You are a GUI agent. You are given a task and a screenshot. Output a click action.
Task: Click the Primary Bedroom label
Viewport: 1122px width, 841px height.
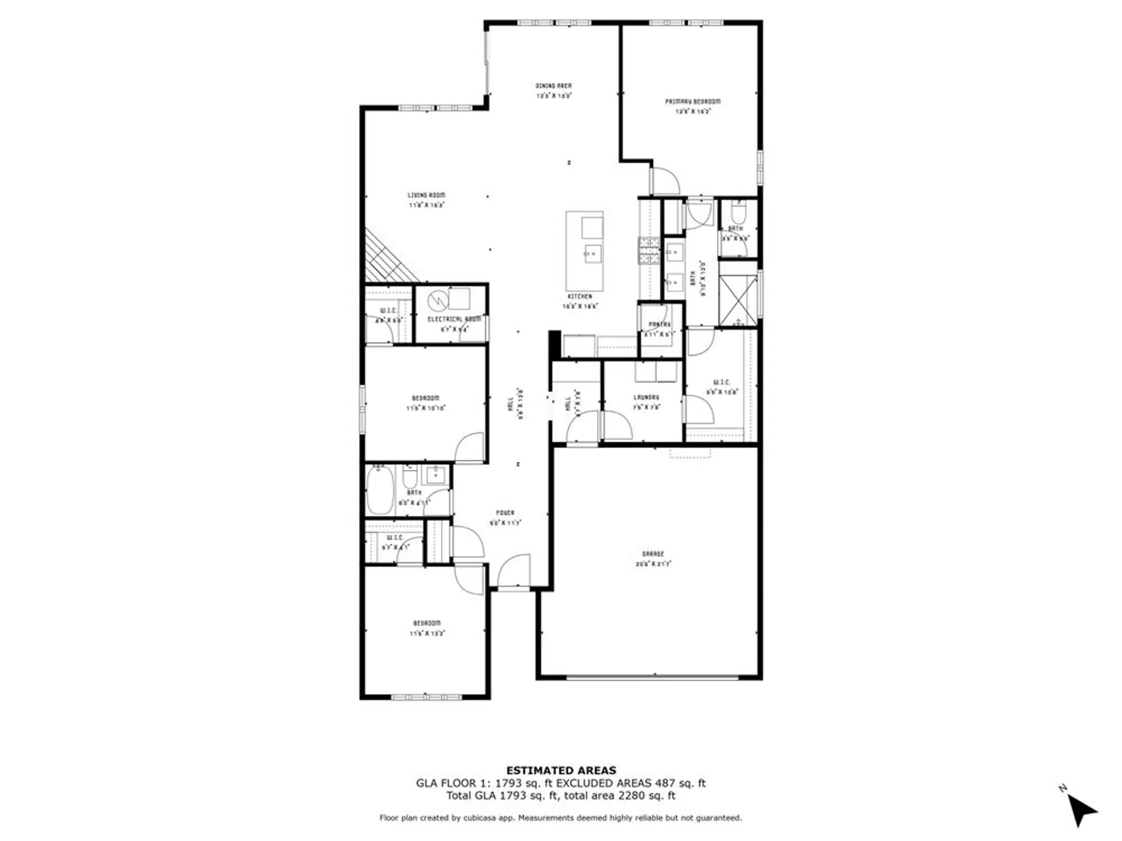(693, 101)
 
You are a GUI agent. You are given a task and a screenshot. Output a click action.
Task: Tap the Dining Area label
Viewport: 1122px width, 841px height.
(553, 86)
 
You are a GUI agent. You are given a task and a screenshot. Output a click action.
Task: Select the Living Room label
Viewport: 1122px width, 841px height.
(426, 195)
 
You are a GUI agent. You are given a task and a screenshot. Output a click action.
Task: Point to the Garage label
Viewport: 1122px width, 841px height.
(653, 554)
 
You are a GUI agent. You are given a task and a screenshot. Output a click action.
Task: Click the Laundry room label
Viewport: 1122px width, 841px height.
(646, 397)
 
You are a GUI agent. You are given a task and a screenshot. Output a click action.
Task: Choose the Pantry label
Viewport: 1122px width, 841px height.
(660, 324)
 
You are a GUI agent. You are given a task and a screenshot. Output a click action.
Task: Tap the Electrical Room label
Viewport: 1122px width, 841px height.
(454, 319)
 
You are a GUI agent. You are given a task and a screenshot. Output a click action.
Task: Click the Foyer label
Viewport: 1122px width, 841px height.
(505, 512)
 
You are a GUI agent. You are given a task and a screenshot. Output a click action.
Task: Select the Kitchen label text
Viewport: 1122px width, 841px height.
(580, 296)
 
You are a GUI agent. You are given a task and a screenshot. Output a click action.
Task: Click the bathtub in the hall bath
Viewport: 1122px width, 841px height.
(380, 490)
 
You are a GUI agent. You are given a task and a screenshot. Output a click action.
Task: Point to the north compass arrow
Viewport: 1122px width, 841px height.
(1081, 811)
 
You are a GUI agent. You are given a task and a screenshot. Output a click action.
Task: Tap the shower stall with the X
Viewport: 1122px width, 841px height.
(738, 300)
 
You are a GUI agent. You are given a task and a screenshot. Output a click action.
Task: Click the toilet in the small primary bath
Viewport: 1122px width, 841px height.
(737, 212)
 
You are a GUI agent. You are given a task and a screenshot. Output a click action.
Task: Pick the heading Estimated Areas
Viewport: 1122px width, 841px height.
(561, 770)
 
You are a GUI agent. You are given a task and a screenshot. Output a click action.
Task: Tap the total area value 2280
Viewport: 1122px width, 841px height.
(632, 796)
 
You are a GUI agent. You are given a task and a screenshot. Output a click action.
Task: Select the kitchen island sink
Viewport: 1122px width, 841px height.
(592, 253)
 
